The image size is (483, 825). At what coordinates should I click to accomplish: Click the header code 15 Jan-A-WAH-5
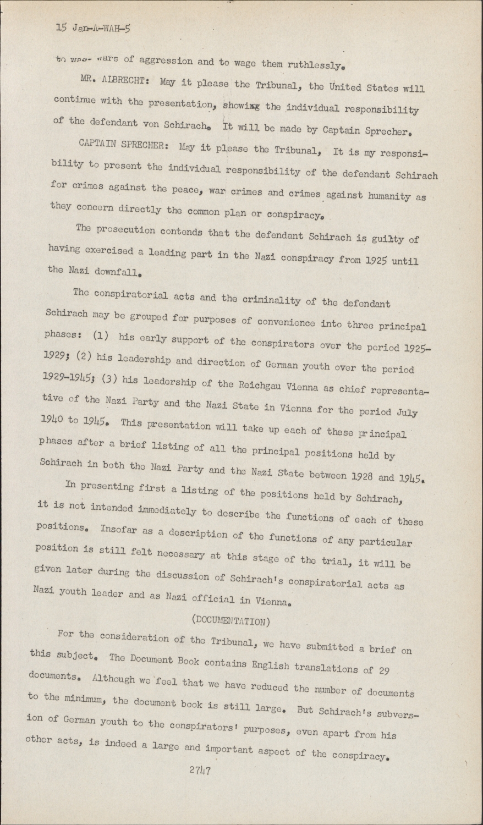point(93,26)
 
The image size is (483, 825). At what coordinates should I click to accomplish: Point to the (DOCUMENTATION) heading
point(230,620)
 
